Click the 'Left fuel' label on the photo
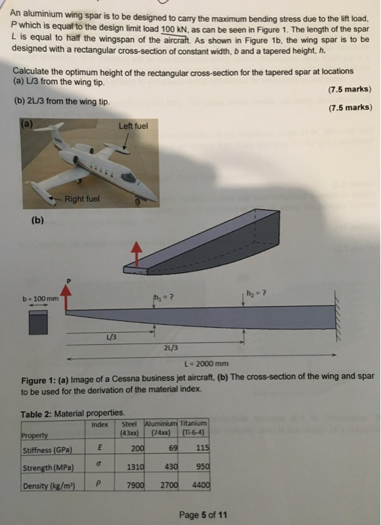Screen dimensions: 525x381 point(133,126)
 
